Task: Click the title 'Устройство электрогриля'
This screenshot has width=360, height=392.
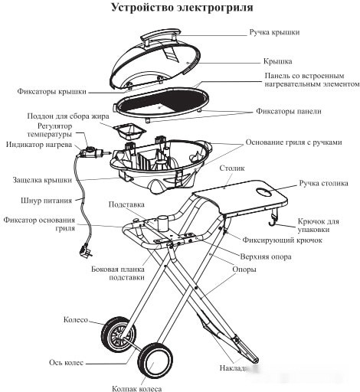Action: click(179, 8)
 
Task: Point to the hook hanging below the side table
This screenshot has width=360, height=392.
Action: click(271, 222)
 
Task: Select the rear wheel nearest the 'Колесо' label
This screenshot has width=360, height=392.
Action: click(117, 335)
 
